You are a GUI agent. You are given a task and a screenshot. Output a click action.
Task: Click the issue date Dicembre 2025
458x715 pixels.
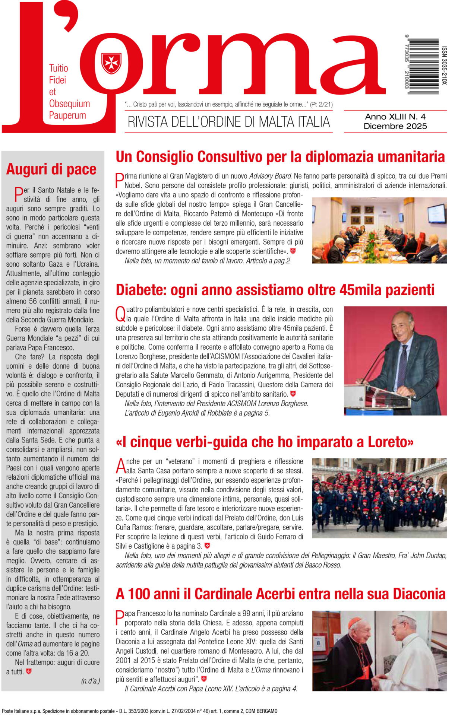(395, 126)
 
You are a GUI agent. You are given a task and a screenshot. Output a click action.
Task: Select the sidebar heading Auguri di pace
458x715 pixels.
(51, 169)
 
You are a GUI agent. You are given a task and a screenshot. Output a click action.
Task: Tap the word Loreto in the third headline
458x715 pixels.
(391, 442)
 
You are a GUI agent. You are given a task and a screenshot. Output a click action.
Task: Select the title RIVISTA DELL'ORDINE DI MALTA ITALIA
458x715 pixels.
(229, 122)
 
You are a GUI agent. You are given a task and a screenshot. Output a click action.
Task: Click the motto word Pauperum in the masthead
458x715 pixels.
(67, 115)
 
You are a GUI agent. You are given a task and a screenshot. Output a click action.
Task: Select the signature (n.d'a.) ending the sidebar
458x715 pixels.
(90, 681)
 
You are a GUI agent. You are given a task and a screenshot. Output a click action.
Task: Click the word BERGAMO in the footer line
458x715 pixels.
(266, 711)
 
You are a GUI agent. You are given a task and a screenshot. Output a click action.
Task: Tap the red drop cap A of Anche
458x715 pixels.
(121, 466)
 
